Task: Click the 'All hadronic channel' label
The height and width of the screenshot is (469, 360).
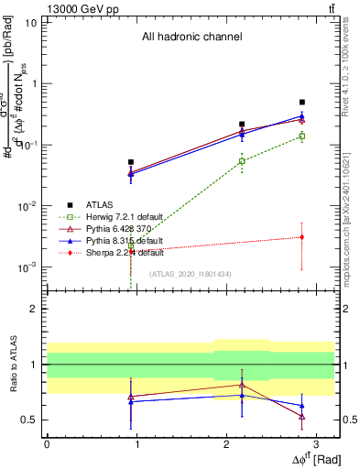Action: [x=191, y=38]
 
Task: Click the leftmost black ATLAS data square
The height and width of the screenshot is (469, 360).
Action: [x=131, y=162]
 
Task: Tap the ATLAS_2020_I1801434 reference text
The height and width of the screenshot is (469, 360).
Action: [x=191, y=274]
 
